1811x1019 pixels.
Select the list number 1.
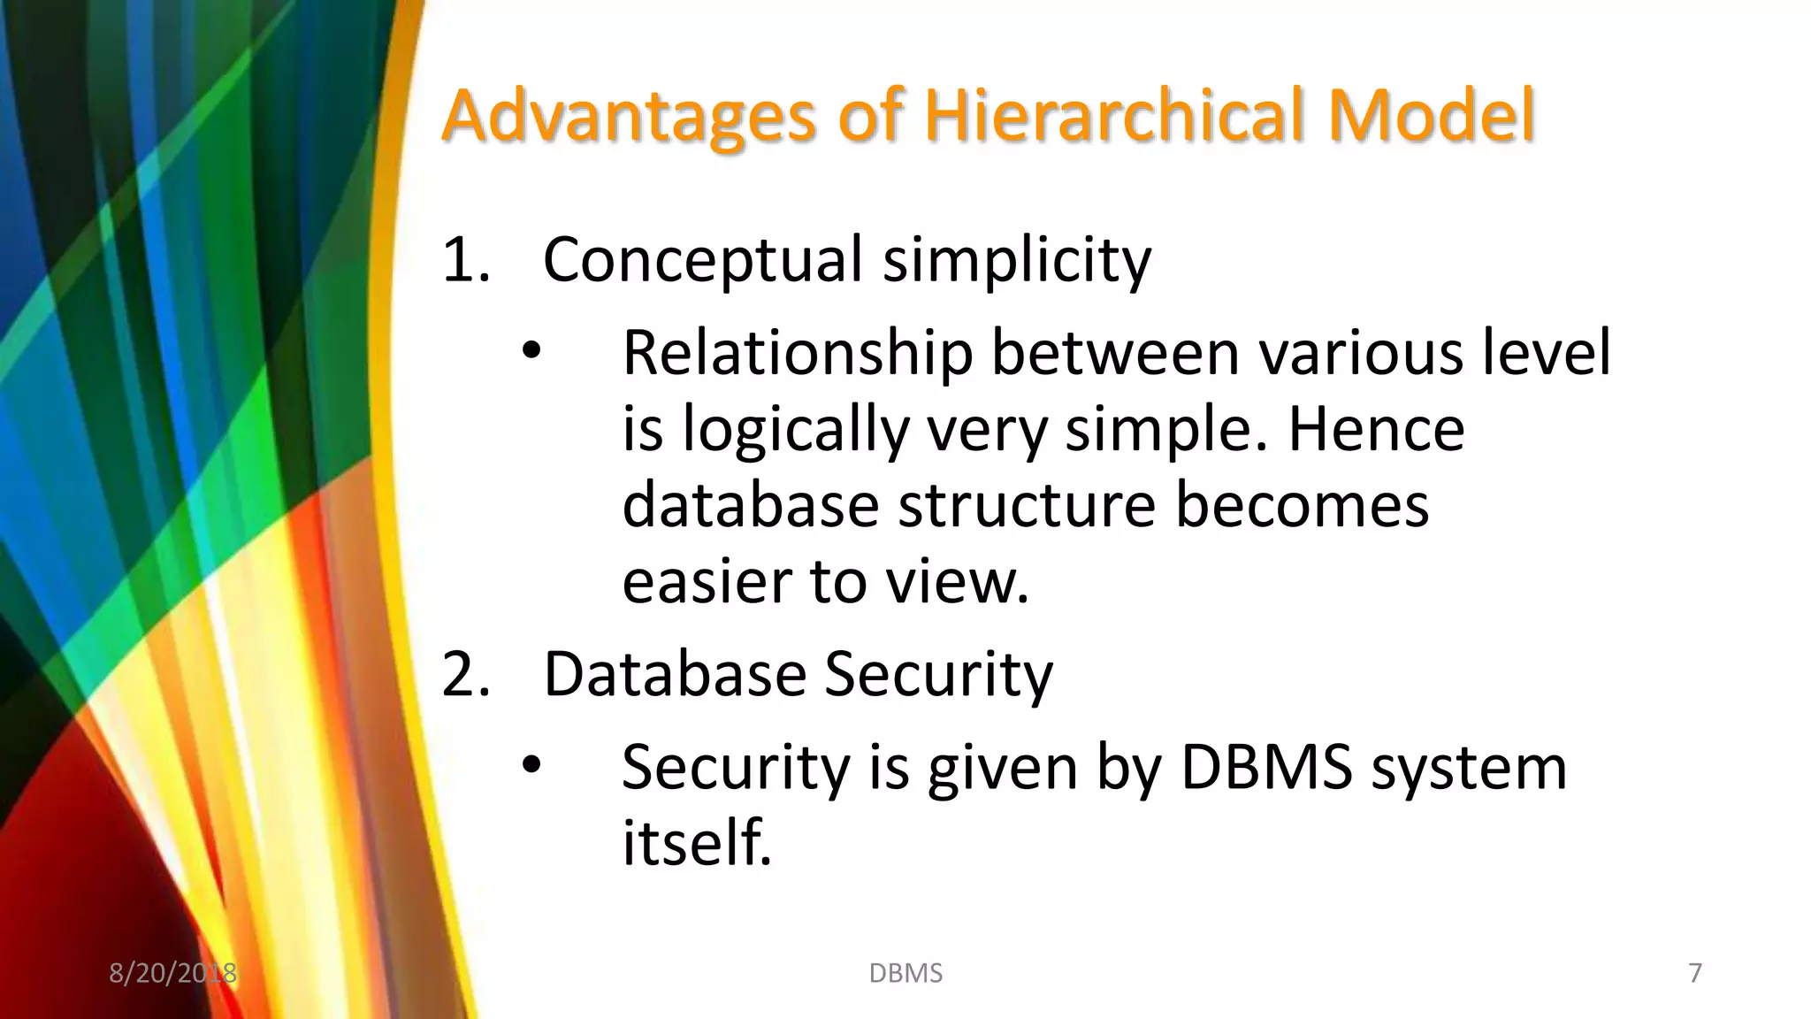click(x=464, y=261)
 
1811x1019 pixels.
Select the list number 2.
click(x=464, y=675)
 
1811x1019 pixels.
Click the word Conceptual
click(x=702, y=261)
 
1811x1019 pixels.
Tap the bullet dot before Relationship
click(x=531, y=351)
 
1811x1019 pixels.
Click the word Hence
click(x=1376, y=430)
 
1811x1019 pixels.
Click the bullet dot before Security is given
click(x=531, y=765)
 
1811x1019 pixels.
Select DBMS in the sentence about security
click(x=1266, y=767)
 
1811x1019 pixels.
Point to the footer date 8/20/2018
click(x=172, y=973)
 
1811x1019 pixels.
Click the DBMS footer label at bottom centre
click(x=905, y=973)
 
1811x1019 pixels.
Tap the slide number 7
click(x=1694, y=973)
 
